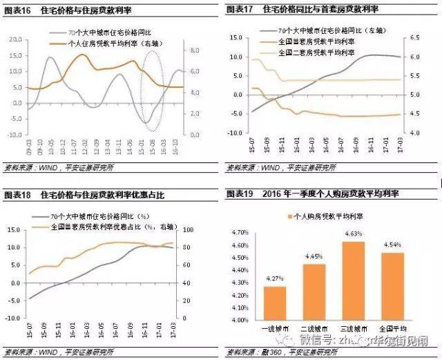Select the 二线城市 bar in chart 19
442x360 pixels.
pos(314,292)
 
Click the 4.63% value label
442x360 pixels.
pos(353,234)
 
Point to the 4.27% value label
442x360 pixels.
pos(275,278)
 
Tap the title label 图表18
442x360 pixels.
pos(16,196)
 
